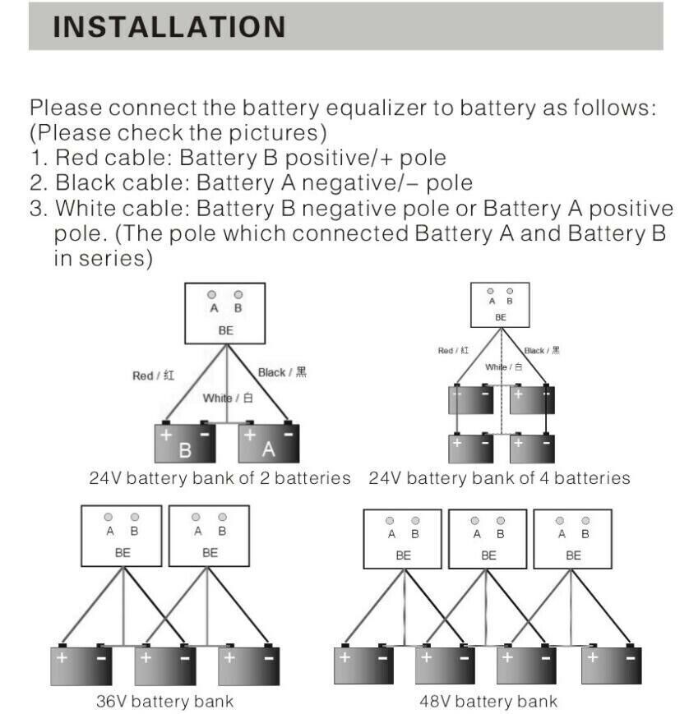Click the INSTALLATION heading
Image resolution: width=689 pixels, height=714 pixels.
pyautogui.click(x=169, y=26)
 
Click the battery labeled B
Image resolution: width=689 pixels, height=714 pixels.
pyautogui.click(x=186, y=444)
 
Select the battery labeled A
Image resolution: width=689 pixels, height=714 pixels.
pyautogui.click(x=269, y=444)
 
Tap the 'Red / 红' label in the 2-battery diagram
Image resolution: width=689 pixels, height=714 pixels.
pyautogui.click(x=154, y=375)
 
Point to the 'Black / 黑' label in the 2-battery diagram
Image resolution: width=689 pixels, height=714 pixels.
pyautogui.click(x=282, y=372)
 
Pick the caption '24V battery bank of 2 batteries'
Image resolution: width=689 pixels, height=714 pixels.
pyautogui.click(x=220, y=478)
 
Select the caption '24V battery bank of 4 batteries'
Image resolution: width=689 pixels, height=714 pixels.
pyautogui.click(x=500, y=478)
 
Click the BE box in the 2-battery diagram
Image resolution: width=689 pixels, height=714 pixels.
pyautogui.click(x=225, y=314)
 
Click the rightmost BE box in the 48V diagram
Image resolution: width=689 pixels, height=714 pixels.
pyautogui.click(x=572, y=539)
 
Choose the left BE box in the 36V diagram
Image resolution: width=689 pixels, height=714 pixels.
pyautogui.click(x=122, y=536)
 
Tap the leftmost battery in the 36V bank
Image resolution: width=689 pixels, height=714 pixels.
pyautogui.click(x=81, y=665)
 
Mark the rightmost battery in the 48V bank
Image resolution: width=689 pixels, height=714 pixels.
pyautogui.click(x=612, y=665)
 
